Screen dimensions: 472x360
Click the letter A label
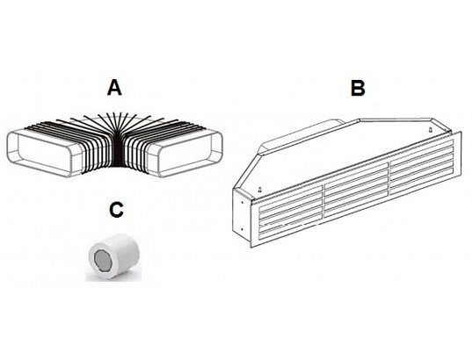coord(114,88)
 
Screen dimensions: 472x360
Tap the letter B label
coord(359,89)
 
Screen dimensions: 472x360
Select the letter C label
coord(117,209)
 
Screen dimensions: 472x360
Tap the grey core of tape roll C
coord(103,261)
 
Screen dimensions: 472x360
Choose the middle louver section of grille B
coord(356,190)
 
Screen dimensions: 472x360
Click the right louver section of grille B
coord(421,169)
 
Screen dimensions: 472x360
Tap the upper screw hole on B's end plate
coord(243,201)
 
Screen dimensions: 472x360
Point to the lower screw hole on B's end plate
coord(243,229)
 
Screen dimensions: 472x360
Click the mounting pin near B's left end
coord(259,190)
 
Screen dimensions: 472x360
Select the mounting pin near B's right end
coord(431,130)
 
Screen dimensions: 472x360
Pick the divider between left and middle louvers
coord(324,200)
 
